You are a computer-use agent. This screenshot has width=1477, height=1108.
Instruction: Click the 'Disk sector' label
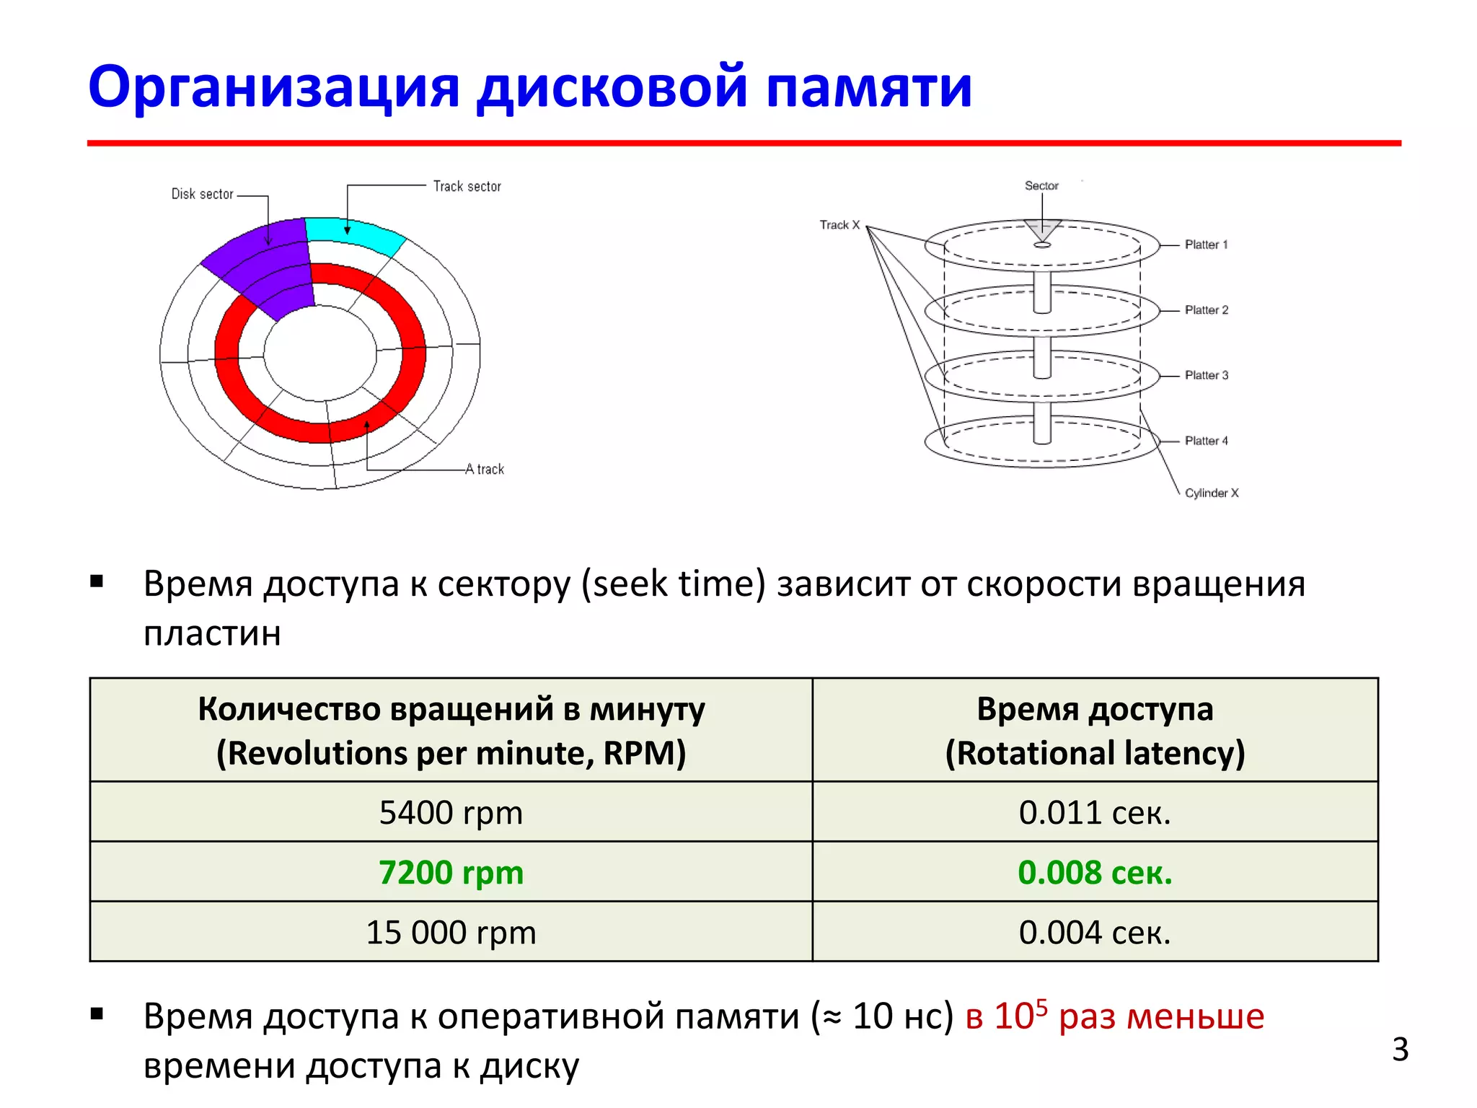coord(202,194)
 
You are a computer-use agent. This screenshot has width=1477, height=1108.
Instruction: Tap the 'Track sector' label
coord(467,186)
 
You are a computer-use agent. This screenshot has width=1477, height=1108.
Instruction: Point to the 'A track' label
coord(485,469)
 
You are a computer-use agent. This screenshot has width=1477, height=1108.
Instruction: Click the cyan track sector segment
coord(353,234)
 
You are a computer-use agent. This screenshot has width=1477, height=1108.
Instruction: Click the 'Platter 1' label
coord(1206,245)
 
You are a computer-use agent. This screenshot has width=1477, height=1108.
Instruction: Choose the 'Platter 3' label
coord(1206,375)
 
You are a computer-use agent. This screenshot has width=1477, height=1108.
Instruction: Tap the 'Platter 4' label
coord(1206,441)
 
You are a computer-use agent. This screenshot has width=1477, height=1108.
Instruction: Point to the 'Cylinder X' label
coord(1212,493)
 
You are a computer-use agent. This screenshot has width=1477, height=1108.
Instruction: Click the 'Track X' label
coord(839,225)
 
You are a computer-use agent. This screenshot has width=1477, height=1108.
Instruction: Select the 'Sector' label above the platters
coord(1041,186)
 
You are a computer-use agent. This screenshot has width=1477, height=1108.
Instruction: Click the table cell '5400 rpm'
coord(451,812)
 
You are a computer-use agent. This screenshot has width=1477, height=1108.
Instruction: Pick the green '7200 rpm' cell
coord(451,872)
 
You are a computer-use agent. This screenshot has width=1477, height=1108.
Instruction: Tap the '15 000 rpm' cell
coord(451,932)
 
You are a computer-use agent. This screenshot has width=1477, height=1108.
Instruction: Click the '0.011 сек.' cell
coord(1095,812)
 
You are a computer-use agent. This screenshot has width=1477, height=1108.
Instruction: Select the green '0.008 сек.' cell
coord(1095,872)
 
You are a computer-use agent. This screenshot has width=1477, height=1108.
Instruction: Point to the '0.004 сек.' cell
coord(1095,932)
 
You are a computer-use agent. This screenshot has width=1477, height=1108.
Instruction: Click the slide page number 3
coord(1400,1049)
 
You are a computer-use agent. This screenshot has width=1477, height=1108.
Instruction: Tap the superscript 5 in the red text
coord(1041,1006)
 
